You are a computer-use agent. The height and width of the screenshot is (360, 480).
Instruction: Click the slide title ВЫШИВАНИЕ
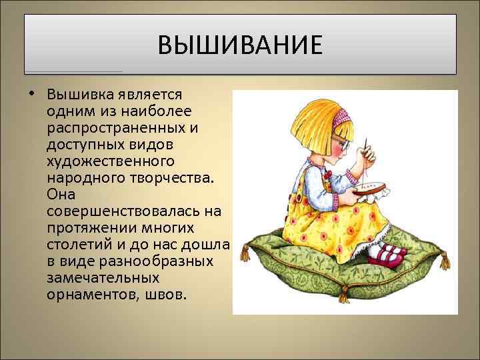coord(240,47)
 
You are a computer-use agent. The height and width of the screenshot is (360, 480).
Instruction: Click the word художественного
coord(111,161)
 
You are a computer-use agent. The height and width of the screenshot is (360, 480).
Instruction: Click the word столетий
coord(79,244)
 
